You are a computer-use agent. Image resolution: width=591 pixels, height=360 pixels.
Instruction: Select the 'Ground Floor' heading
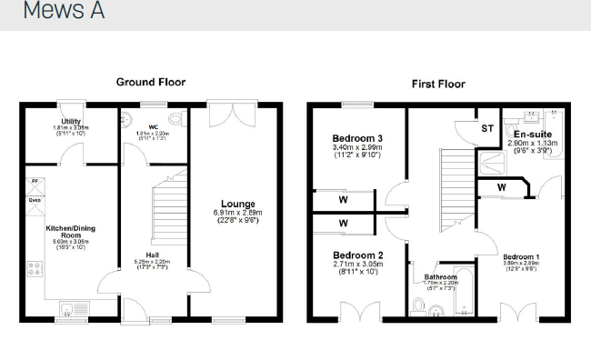[151, 82]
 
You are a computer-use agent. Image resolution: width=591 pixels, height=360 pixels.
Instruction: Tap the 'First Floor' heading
[438, 84]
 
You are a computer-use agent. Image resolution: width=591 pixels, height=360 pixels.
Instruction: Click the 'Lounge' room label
[238, 204]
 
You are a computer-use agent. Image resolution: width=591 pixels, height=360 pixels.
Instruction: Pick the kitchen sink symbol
[70, 307]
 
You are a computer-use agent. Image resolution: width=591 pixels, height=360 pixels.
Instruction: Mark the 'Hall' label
[152, 255]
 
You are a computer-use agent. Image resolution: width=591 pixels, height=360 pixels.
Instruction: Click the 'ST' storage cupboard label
[488, 129]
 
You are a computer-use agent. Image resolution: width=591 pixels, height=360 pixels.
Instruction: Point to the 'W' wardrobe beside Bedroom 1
[501, 187]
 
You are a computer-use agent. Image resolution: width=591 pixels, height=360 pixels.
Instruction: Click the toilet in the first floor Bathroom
[419, 304]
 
